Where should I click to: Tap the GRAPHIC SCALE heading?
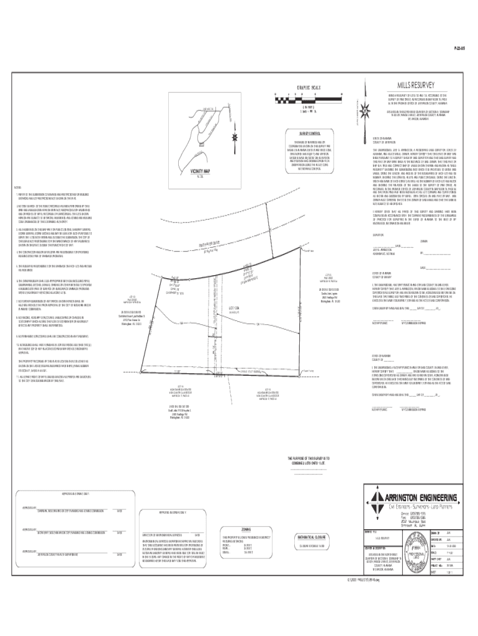click(308, 86)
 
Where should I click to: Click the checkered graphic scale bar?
click(309, 98)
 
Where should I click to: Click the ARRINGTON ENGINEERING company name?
click(420, 496)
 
